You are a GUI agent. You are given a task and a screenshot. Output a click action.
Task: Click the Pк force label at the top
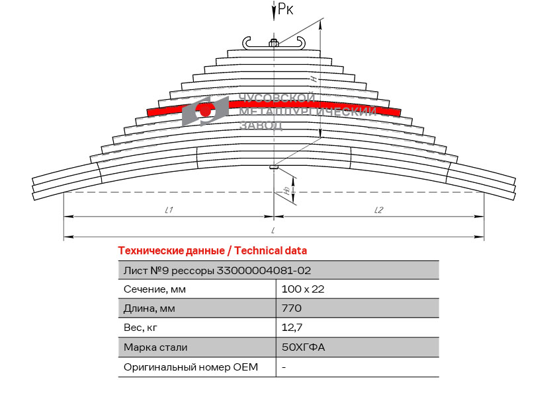tap(285, 9)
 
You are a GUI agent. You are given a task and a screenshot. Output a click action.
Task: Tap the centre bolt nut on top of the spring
tap(273, 44)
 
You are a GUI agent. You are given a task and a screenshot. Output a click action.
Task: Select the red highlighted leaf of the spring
tap(274, 106)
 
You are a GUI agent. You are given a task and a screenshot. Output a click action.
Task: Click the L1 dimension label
tap(169, 209)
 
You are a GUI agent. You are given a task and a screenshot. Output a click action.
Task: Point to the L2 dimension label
tap(378, 209)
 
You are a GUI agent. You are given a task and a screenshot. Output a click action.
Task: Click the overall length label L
tap(273, 231)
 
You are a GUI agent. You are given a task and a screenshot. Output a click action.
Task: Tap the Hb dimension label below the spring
tap(287, 190)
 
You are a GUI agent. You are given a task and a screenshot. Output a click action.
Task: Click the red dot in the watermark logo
tap(205, 110)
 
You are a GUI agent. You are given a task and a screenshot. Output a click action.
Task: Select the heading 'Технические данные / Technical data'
tap(212, 251)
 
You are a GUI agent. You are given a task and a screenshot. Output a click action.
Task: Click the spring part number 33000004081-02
tap(263, 271)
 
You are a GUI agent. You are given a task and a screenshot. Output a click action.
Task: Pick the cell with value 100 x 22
tap(303, 289)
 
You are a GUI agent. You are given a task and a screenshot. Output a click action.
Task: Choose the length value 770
tap(291, 308)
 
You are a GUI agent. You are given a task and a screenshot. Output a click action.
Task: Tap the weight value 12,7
tap(292, 328)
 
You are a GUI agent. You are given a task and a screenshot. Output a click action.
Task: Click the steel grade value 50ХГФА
tap(303, 347)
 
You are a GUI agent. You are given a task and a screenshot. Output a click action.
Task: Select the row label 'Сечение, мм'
tap(155, 289)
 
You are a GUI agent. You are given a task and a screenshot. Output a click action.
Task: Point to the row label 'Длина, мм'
tap(150, 308)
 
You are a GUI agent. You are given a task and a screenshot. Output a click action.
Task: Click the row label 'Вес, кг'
tap(140, 328)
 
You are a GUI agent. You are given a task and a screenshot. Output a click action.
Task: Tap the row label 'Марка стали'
tap(155, 347)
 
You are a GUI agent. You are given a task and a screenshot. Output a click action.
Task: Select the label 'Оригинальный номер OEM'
tap(191, 367)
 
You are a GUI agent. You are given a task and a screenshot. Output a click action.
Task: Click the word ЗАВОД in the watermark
tap(261, 125)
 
